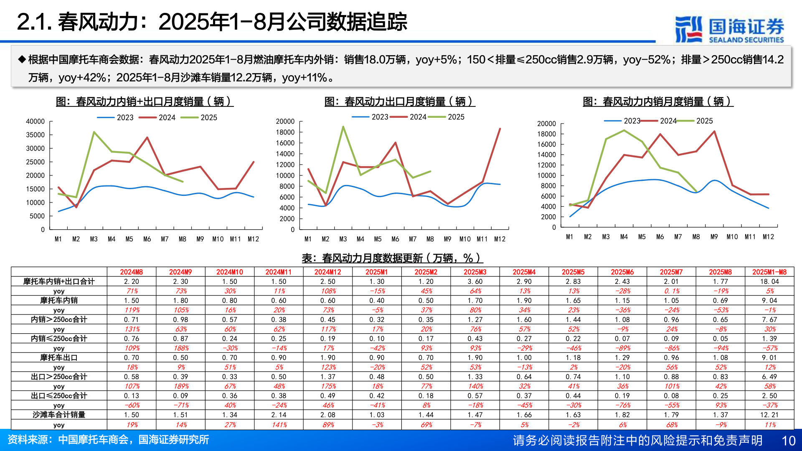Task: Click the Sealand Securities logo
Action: pos(729,29)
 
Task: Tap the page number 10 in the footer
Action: pos(788,441)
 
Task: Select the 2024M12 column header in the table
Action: pos(327,272)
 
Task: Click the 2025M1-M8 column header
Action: pos(769,272)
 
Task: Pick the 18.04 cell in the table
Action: pos(769,281)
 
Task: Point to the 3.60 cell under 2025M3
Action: pos(475,281)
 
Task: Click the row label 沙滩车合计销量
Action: pos(59,415)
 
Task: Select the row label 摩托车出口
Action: pos(59,357)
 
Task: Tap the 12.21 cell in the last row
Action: pos(769,415)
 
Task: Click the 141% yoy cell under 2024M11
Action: pos(279,425)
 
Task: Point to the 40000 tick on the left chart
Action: pos(36,122)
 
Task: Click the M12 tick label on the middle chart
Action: pos(500,239)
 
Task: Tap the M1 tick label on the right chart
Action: pos(569,237)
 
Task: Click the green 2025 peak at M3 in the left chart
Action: pos(94,132)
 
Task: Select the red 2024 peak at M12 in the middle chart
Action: pos(500,129)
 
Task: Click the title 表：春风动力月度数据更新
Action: pos(392,258)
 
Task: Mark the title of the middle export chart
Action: pos(399,101)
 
